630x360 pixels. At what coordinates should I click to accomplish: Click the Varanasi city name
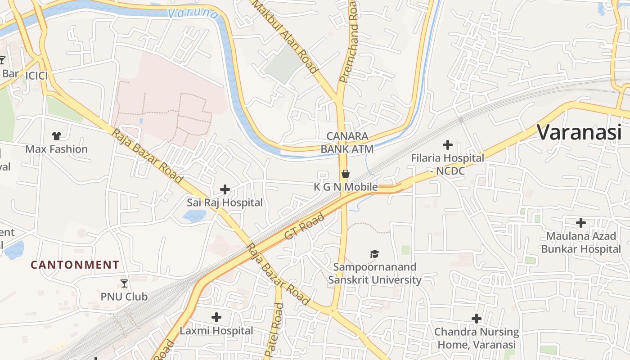[x=579, y=132]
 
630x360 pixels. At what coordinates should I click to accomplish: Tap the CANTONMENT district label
[x=75, y=265]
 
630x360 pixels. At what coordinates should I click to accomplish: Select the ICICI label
[x=36, y=76]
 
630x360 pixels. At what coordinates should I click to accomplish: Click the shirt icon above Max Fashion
[x=56, y=135]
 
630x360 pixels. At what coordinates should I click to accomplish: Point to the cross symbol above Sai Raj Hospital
[x=225, y=189]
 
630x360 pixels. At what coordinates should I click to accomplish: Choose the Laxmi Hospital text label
[x=216, y=331]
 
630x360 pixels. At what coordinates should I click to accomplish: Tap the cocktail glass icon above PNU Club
[x=124, y=283]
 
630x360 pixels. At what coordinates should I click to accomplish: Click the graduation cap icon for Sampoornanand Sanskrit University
[x=374, y=254]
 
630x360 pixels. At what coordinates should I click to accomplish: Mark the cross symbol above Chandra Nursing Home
[x=476, y=319]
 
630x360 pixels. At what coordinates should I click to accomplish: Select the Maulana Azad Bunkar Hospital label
[x=581, y=243]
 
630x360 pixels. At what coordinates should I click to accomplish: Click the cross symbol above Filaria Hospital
[x=447, y=145]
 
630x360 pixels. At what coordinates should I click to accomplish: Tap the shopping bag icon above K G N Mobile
[x=345, y=174]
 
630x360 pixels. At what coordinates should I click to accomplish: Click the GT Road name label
[x=304, y=227]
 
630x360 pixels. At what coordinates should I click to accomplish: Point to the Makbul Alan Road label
[x=284, y=36]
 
